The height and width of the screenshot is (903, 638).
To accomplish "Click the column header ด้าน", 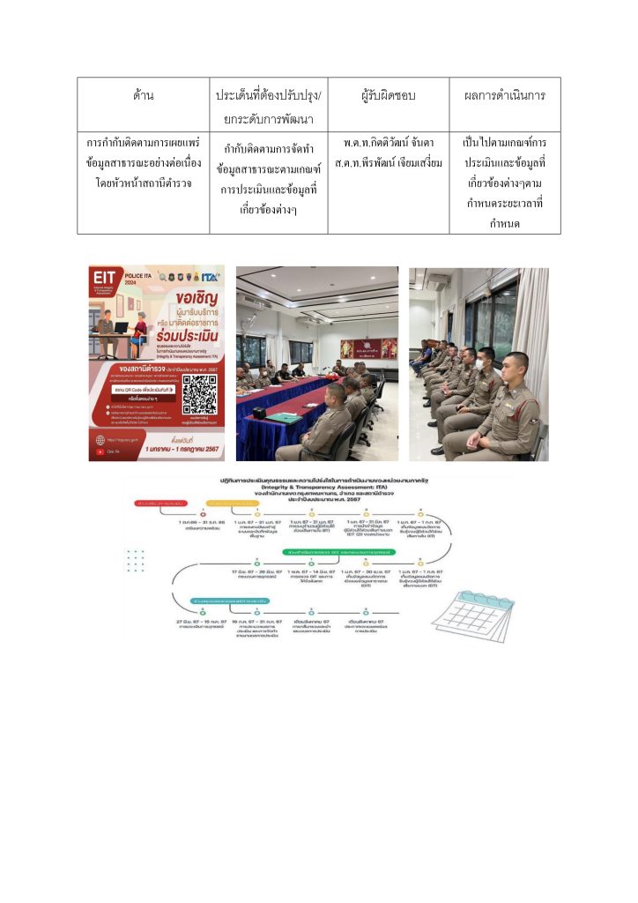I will point(143,95).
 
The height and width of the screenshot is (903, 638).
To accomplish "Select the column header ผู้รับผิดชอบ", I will point(388,95).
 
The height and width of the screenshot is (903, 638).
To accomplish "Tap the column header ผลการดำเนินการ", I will point(504,95).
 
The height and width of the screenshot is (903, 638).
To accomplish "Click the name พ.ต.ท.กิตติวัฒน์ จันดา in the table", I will point(388,143).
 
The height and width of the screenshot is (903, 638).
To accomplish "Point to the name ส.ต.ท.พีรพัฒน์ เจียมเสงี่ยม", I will point(388,164).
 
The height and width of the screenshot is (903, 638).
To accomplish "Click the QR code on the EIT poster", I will point(200,393).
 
